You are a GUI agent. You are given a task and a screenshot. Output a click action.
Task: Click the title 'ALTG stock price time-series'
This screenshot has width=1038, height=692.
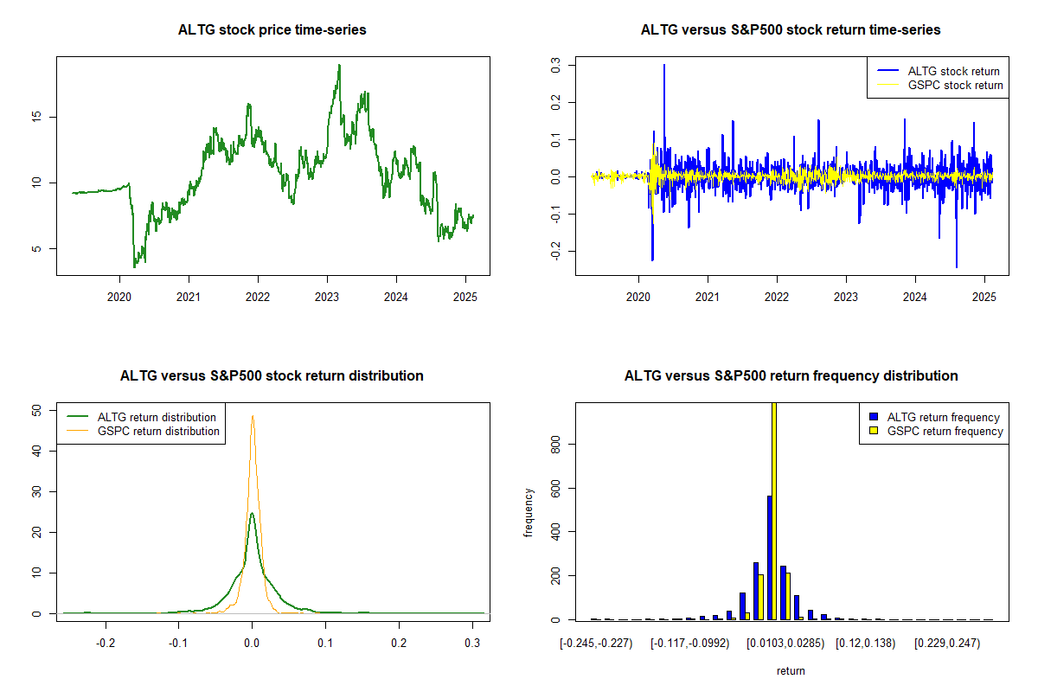tap(272, 30)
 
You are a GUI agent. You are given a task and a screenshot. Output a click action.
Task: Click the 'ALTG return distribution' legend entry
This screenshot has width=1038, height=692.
tap(157, 417)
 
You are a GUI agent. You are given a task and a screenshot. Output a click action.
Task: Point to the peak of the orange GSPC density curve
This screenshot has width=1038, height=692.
tap(253, 416)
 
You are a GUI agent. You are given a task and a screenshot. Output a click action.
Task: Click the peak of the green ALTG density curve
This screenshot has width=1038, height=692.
tap(252, 513)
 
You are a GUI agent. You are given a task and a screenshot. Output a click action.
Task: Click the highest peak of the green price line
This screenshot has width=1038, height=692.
tap(339, 65)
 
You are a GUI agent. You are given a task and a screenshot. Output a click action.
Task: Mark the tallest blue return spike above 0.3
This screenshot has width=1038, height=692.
tap(664, 66)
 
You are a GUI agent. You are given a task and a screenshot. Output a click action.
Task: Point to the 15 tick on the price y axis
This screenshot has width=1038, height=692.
tap(35, 117)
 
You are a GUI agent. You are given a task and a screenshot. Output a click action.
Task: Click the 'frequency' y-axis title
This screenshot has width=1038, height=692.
tap(529, 513)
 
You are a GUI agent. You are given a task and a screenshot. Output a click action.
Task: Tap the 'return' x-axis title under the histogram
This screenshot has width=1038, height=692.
tap(791, 670)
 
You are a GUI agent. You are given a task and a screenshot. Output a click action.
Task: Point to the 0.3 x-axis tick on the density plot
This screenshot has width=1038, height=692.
tap(471, 644)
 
